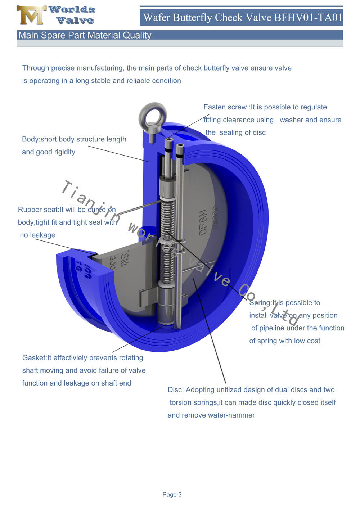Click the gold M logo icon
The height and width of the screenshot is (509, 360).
coord(31,15)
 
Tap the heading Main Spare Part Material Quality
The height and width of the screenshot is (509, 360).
coord(85,35)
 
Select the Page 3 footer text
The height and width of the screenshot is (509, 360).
coord(172,495)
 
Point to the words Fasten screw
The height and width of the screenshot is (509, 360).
coord(225,107)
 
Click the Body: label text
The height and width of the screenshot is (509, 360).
coord(31,139)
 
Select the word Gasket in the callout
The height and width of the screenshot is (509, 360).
coord(34,358)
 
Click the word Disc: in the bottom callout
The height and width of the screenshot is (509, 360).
coord(176,390)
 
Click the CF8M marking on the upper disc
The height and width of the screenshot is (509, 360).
coord(203,222)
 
